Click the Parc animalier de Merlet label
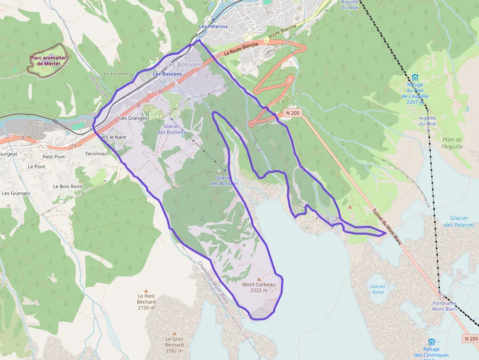tap(48, 61)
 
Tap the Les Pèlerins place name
tap(213, 26)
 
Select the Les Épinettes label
tap(117, 74)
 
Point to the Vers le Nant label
tap(112, 137)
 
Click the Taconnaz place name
tap(95, 153)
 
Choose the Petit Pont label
tap(54, 157)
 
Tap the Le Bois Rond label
tap(67, 187)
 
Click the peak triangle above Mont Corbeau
tap(259, 279)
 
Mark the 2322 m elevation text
tap(259, 290)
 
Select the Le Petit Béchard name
tap(146, 299)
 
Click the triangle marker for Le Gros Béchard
tap(174, 334)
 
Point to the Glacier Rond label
tap(377, 289)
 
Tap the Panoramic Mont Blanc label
tap(445, 306)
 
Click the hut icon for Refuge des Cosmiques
tap(431, 342)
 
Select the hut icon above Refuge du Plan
tap(414, 77)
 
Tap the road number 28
tap(22, 138)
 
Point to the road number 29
tap(73, 146)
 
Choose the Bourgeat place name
tap(8, 153)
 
